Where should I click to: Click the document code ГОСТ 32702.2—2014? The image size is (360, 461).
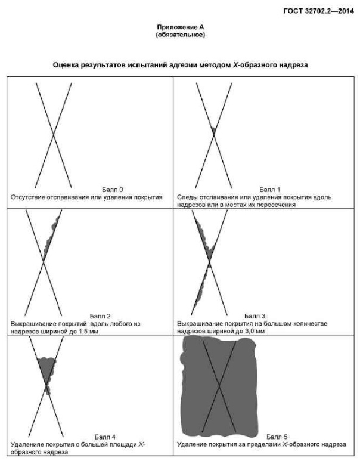318,11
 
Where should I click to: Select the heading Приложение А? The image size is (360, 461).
180,27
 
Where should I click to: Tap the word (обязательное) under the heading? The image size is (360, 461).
180,35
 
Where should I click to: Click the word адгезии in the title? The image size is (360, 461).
184,65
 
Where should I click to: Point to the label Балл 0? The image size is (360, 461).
113,190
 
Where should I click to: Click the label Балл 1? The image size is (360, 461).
270,190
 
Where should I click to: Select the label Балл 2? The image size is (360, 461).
100,316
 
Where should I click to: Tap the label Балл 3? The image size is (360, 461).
255,316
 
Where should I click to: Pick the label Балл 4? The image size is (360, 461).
105,437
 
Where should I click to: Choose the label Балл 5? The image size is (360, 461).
277,437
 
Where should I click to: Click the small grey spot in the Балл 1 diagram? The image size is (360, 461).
213,129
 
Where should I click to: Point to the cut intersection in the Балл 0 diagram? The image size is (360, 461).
53,135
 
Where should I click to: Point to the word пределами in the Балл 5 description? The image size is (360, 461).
266,444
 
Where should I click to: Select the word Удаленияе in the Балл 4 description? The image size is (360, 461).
26,444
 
